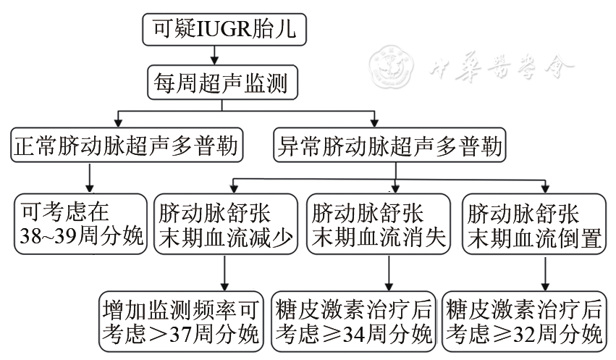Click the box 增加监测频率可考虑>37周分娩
pyautogui.click(x=180, y=321)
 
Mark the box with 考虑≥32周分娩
pyautogui.click(x=524, y=321)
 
